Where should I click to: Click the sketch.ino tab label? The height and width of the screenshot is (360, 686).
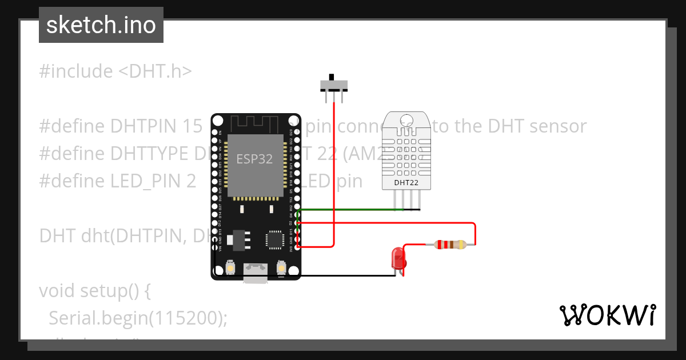pyautogui.click(x=101, y=25)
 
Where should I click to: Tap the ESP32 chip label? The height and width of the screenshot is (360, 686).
pyautogui.click(x=255, y=159)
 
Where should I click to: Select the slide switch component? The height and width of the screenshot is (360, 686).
pyautogui.click(x=333, y=85)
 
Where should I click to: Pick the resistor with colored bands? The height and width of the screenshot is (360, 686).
pyautogui.click(x=450, y=245)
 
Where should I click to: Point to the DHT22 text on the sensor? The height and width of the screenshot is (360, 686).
pyautogui.click(x=407, y=183)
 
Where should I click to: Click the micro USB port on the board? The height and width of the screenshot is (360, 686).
pyautogui.click(x=256, y=271)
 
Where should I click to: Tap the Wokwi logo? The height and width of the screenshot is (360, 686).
pyautogui.click(x=607, y=315)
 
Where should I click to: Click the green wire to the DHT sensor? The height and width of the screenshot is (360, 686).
pyautogui.click(x=349, y=210)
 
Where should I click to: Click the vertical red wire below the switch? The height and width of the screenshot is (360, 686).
pyautogui.click(x=333, y=171)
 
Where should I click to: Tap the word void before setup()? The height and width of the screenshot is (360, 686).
pyautogui.click(x=59, y=291)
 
